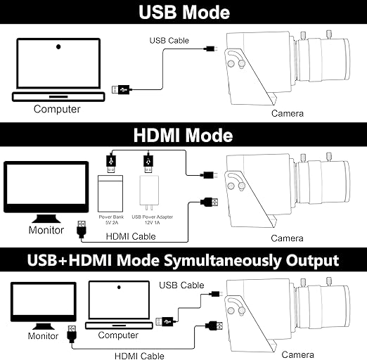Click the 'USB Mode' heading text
click(184, 12)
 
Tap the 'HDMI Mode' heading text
click(183, 135)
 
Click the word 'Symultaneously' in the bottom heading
click(222, 260)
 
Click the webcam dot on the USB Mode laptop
click(58, 47)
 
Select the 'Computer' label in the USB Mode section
click(57, 109)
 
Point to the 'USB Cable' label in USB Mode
click(169, 41)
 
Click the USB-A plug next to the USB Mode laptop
click(121, 90)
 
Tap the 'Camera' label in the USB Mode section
click(288, 113)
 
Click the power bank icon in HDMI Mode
click(110, 193)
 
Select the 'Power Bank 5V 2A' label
click(111, 219)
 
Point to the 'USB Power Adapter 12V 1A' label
click(153, 219)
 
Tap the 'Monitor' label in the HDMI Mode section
click(46, 230)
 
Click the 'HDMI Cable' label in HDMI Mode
click(131, 236)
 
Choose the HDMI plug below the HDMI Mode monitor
click(82, 229)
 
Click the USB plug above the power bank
click(111, 164)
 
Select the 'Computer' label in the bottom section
click(118, 335)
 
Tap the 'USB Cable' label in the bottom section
click(181, 285)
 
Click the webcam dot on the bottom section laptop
click(119, 287)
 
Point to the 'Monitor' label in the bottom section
click(43, 336)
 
